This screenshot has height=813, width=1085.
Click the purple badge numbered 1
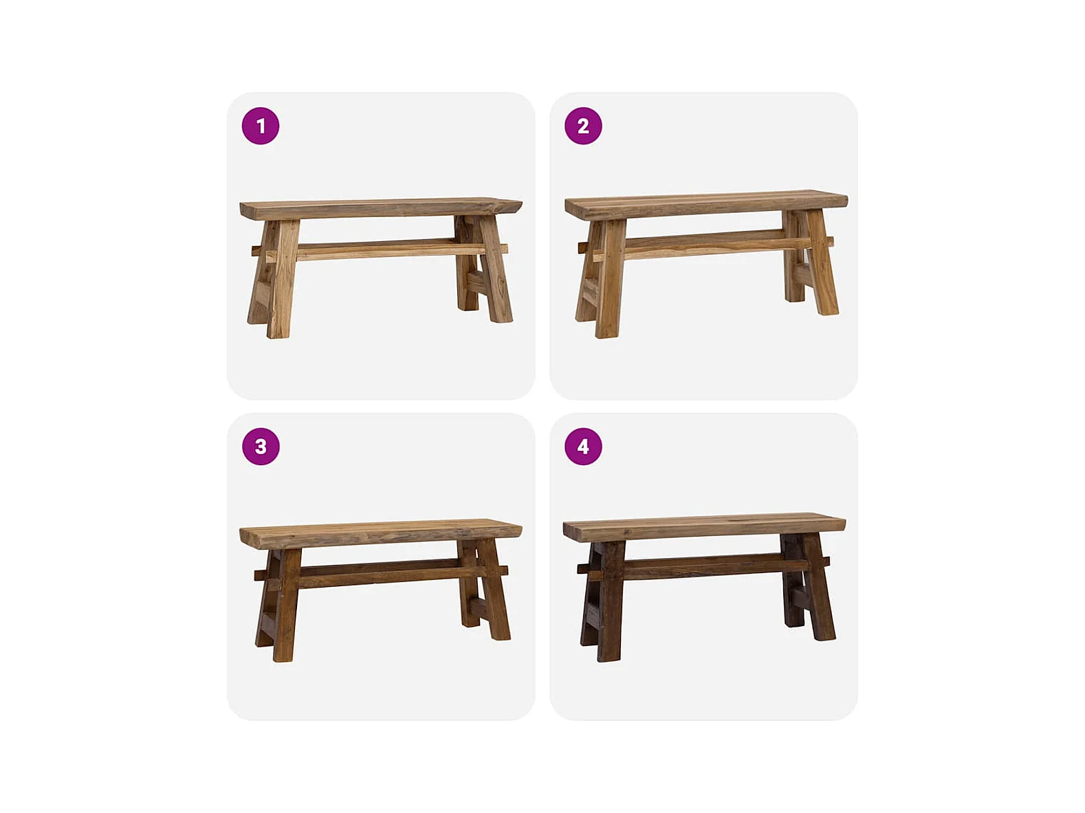click(261, 126)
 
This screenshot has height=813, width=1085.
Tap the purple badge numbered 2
click(583, 126)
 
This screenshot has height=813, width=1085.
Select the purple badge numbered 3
click(261, 447)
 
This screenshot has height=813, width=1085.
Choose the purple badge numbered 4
click(583, 447)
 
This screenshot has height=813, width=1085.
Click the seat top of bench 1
click(381, 208)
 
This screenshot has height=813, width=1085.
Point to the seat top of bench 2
click(706, 205)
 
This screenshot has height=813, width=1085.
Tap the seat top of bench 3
click(381, 533)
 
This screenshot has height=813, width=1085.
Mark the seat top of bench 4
click(704, 528)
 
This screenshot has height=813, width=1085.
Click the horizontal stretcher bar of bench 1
click(381, 249)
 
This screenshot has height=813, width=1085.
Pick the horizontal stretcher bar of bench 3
click(381, 572)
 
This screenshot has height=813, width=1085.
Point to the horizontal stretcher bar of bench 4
click(704, 566)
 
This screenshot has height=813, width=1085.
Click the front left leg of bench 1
click(283, 278)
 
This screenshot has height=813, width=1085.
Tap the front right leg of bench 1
click(495, 269)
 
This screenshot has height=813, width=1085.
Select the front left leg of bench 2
click(611, 279)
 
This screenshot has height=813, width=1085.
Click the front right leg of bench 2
click(821, 263)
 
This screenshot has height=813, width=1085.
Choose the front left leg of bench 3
click(287, 605)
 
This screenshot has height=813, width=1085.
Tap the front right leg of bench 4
click(819, 588)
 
